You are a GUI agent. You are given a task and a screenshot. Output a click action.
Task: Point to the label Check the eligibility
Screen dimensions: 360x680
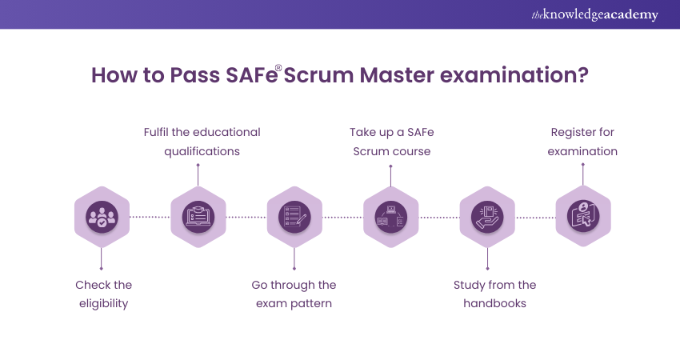coord(103,294)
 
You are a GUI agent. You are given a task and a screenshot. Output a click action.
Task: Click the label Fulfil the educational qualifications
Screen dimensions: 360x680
coord(202,141)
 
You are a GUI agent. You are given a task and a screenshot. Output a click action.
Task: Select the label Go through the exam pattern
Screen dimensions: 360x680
coord(294,294)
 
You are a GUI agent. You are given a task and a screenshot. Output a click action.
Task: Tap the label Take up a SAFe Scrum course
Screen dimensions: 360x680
coord(392,141)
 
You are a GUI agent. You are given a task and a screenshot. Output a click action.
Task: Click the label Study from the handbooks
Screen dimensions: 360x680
coord(494,294)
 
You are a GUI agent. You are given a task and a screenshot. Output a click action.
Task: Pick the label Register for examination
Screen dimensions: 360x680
coord(582,141)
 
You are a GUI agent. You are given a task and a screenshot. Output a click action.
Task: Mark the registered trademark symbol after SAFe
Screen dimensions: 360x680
coord(279,67)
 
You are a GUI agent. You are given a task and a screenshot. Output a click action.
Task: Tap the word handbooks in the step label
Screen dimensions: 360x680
coord(494,304)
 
